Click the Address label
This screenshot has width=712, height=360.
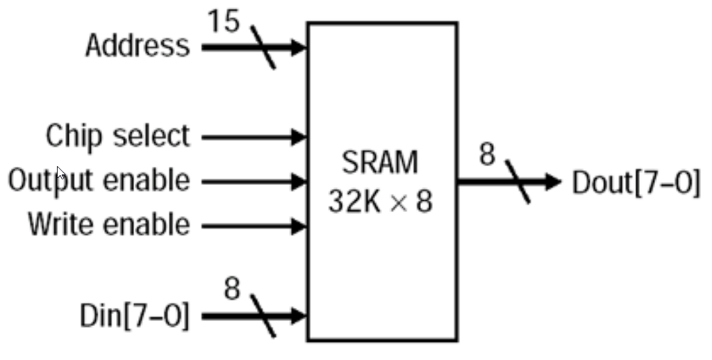(x=137, y=46)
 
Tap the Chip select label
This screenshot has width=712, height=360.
(x=117, y=136)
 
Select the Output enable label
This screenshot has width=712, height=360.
(x=99, y=181)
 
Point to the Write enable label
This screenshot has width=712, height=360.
(x=108, y=225)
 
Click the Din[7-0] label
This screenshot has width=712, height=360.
(x=135, y=317)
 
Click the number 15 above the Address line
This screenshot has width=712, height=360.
(x=224, y=22)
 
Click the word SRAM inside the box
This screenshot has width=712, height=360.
(x=381, y=163)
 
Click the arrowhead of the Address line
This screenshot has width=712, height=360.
(x=299, y=48)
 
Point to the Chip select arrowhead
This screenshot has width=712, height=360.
(x=299, y=137)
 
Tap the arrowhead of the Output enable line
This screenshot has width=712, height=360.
(x=299, y=182)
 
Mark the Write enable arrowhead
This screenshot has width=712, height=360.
(x=299, y=226)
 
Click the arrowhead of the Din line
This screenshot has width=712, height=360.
(x=299, y=316)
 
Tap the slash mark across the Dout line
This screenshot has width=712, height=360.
(x=518, y=182)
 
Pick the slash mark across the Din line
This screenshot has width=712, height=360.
(x=263, y=316)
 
